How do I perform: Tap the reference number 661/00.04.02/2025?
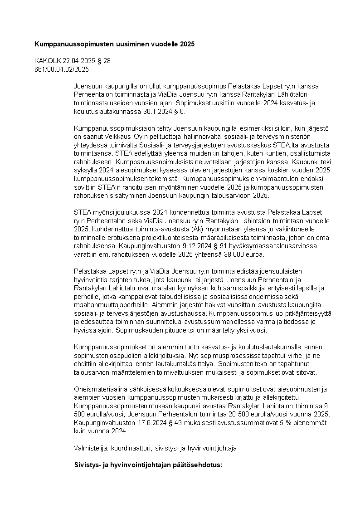(x=62, y=69)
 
